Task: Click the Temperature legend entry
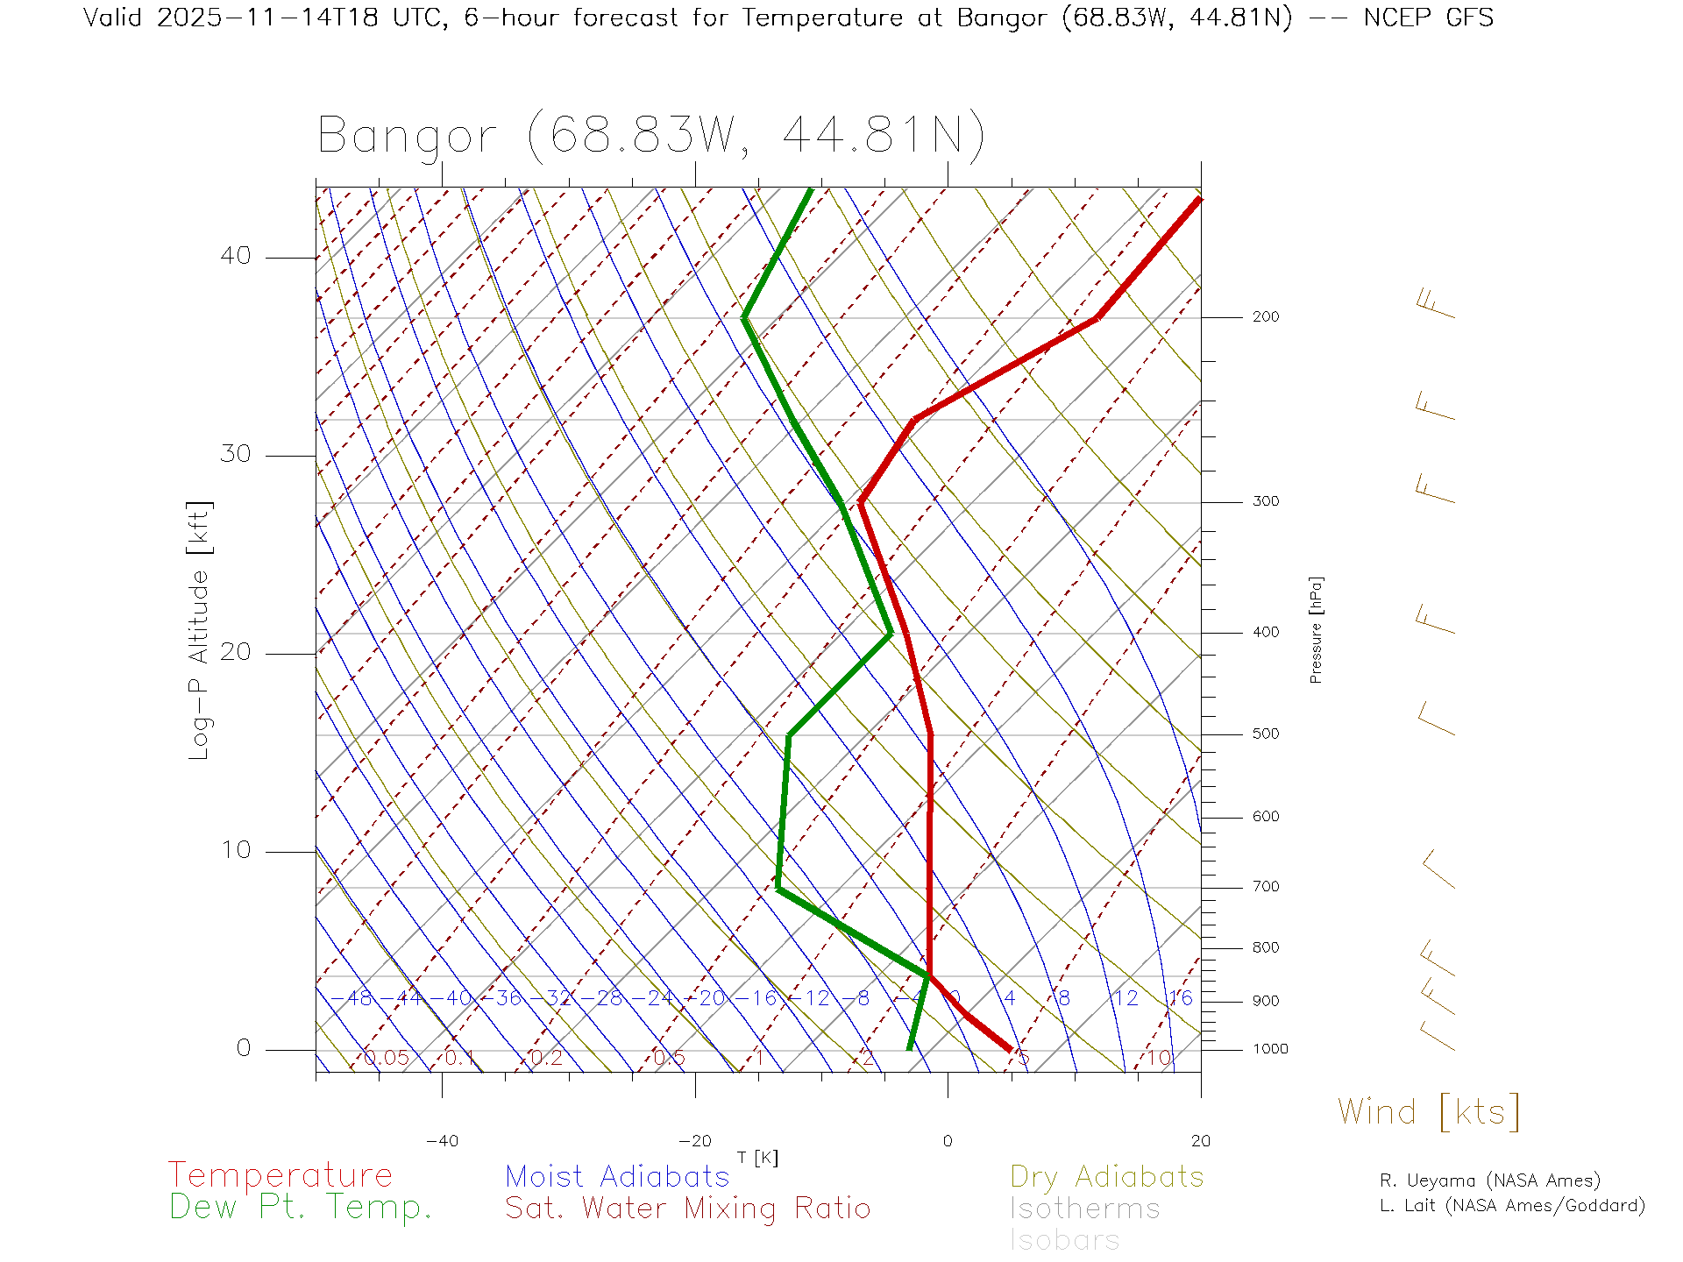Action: [280, 1174]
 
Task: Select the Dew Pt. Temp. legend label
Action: [301, 1207]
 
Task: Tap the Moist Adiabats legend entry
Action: [617, 1176]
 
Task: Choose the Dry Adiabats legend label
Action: [1107, 1176]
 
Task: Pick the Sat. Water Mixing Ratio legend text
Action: [687, 1208]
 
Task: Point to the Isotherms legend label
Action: [1084, 1209]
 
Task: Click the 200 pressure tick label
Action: [1265, 316]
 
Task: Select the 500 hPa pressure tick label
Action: [1265, 734]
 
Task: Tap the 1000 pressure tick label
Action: [1270, 1049]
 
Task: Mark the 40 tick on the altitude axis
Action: [236, 256]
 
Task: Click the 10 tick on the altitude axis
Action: [236, 850]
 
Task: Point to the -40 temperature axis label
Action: [442, 1141]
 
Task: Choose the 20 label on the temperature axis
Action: [1200, 1141]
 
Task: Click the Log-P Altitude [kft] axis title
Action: [200, 631]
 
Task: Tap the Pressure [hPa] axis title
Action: [1316, 630]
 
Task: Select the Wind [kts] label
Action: [1429, 1111]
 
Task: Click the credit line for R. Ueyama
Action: [1489, 1180]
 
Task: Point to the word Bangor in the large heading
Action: [407, 136]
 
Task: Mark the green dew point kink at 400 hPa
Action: [890, 633]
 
